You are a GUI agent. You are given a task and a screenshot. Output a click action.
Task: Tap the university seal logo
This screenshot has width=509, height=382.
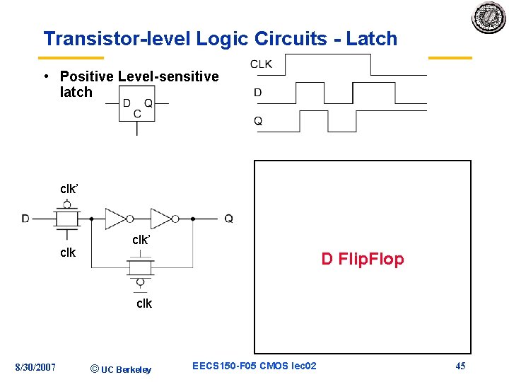pos(489,18)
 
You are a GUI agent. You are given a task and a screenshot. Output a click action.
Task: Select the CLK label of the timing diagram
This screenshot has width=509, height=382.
pos(261,64)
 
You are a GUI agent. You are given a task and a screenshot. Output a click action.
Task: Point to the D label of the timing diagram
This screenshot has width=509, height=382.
pos(257,93)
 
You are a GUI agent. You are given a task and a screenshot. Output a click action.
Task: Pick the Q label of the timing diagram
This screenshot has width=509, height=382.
pos(258,121)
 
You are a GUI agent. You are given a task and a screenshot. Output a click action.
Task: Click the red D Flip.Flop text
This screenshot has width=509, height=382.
pos(363,259)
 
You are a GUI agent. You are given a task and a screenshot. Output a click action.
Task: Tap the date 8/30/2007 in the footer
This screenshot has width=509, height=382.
pos(35,366)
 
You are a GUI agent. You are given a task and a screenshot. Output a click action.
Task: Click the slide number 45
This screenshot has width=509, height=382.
pos(460,366)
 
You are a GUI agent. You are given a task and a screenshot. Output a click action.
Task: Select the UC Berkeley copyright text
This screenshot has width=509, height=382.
pos(121,369)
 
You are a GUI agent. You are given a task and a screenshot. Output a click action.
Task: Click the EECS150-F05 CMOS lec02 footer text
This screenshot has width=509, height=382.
pos(255,366)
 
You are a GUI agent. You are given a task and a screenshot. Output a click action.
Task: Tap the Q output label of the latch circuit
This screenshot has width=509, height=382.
pos(228,219)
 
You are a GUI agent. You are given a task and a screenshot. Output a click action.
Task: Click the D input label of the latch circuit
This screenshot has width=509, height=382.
pos(25,219)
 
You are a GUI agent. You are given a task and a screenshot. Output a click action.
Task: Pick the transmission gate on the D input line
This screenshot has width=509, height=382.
pos(66,219)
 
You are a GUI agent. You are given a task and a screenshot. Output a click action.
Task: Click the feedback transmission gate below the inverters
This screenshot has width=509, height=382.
pos(140,267)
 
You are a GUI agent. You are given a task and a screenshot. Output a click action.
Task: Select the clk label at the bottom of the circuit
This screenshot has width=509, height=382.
pos(144,303)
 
